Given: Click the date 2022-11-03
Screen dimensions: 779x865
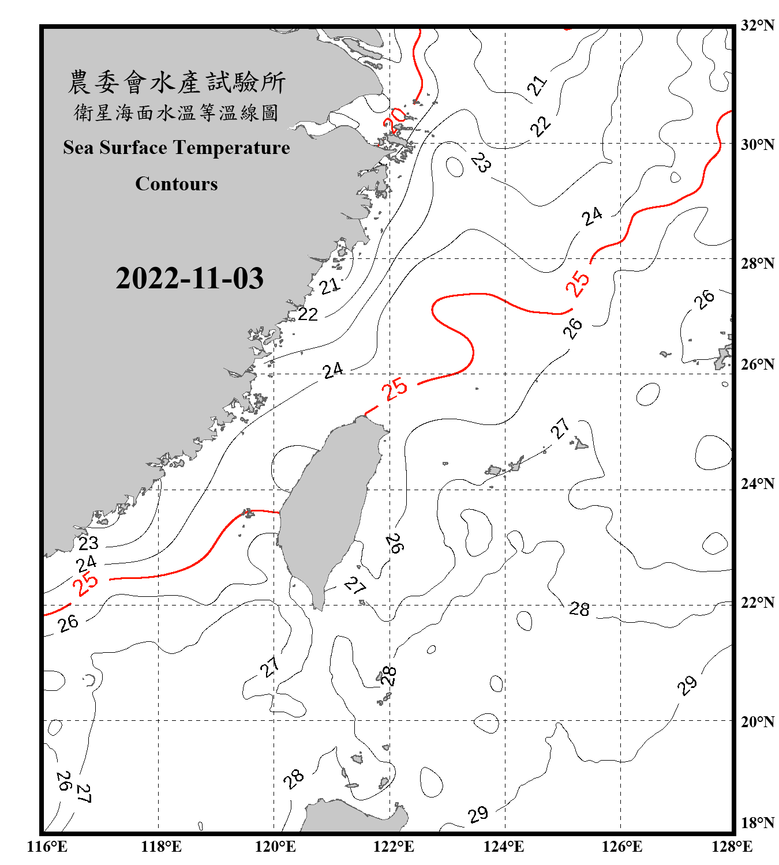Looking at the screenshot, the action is (x=189, y=279).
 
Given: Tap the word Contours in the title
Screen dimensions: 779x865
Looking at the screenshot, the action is (x=177, y=184).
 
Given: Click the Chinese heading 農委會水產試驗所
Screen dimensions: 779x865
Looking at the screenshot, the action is (x=177, y=82).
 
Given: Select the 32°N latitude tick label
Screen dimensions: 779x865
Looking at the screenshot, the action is (x=758, y=25).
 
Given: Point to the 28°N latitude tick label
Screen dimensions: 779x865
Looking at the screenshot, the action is (x=758, y=264).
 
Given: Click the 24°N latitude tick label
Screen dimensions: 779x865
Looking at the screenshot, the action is (x=758, y=483).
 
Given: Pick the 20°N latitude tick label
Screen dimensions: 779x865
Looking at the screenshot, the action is (x=758, y=721).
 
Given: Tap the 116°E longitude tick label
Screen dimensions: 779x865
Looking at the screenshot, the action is (x=47, y=847).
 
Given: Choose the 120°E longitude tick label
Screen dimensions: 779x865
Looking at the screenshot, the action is (x=275, y=847).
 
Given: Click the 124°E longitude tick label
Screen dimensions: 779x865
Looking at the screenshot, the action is (x=504, y=847).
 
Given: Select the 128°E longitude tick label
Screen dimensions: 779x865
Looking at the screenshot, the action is (x=732, y=847).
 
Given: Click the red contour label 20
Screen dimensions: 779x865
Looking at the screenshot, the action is (x=396, y=119).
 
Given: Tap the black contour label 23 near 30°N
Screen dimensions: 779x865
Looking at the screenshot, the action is (x=481, y=163).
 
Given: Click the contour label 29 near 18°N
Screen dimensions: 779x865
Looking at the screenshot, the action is (x=478, y=814).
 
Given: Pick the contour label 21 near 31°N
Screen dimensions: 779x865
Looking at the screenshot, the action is (x=537, y=85).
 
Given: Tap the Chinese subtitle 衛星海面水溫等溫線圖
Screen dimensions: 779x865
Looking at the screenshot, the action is (x=177, y=113).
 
